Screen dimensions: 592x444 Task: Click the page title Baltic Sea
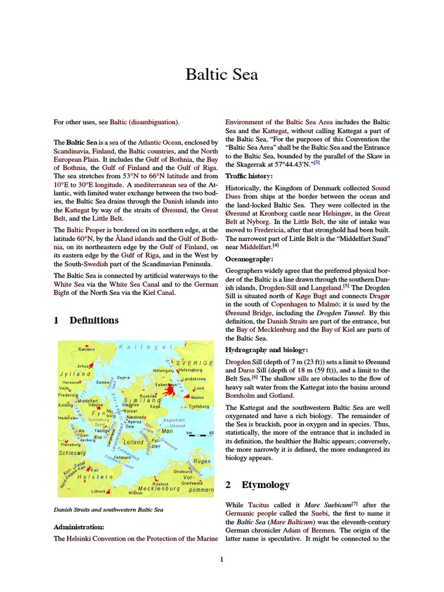pos(221,75)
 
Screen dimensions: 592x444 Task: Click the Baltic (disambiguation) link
pos(145,122)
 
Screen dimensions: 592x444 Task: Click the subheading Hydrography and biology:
pos(267,350)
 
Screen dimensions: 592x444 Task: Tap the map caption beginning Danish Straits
pos(108,510)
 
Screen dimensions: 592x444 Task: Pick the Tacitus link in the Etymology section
pos(258,505)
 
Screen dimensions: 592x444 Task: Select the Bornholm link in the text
pos(240,395)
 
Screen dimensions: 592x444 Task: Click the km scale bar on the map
pos(200,433)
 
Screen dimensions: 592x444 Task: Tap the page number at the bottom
pos(221,559)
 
